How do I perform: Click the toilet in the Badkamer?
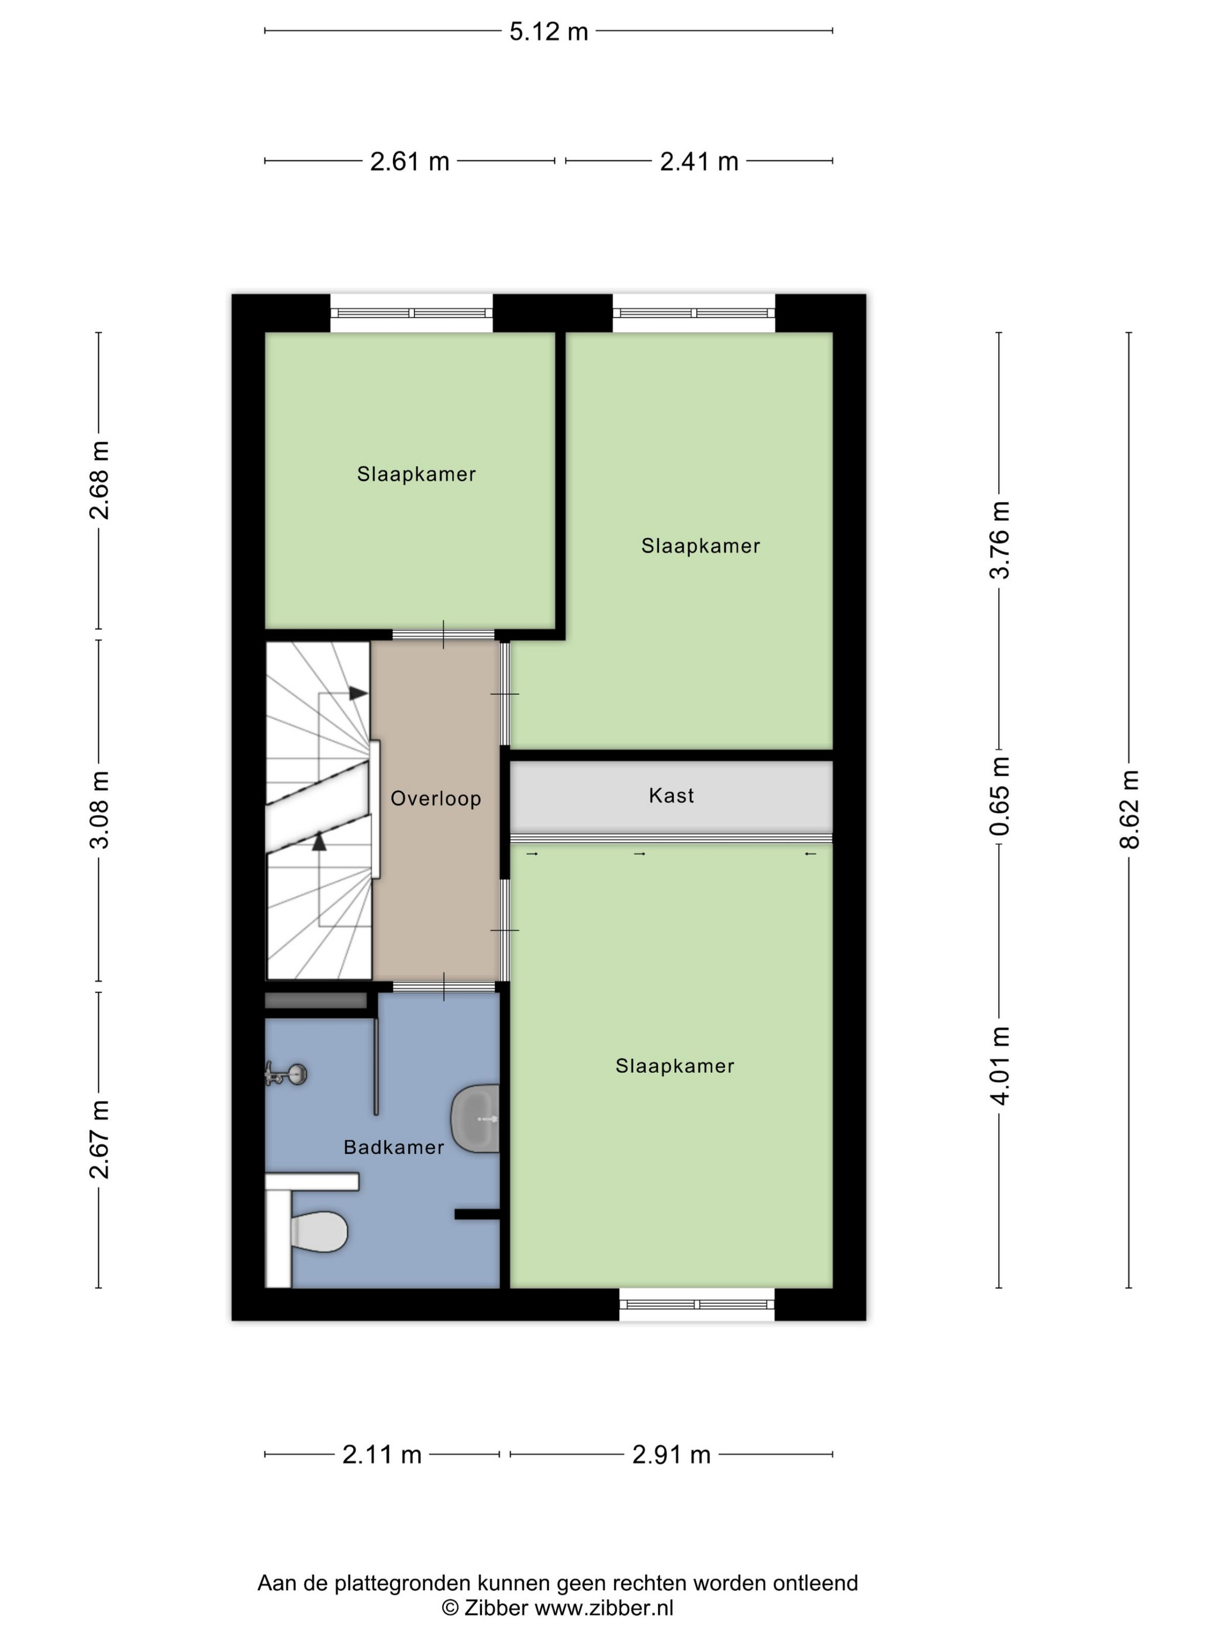pos(318,1231)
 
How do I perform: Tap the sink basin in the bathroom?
pos(475,1118)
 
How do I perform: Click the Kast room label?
pos(671,796)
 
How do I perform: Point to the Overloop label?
pos(436,799)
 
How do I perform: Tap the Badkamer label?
pos(394,1147)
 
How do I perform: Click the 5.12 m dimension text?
pos(549,32)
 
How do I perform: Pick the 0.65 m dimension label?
pos(999,796)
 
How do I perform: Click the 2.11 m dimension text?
pos(382,1455)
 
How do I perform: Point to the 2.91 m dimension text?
pos(671,1455)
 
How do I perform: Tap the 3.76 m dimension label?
pos(999,540)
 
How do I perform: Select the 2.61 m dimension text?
pos(410,161)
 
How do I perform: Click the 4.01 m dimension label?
pos(999,1066)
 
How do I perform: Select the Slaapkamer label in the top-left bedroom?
pos(416,474)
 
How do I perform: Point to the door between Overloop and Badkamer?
pos(443,986)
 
